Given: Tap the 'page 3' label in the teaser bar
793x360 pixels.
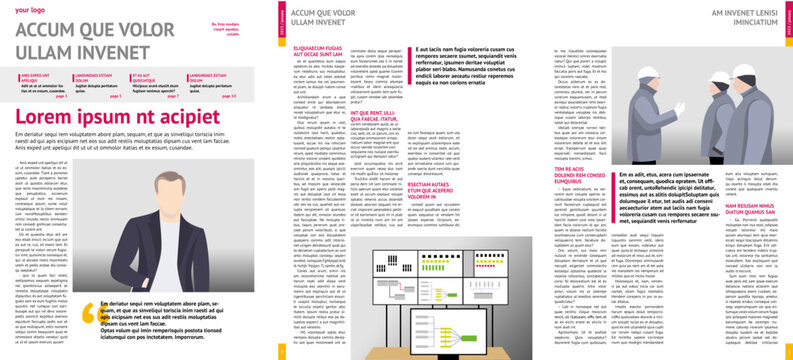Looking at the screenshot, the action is point(115,96).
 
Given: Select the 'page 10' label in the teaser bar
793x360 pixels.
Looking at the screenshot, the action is point(229,96).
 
